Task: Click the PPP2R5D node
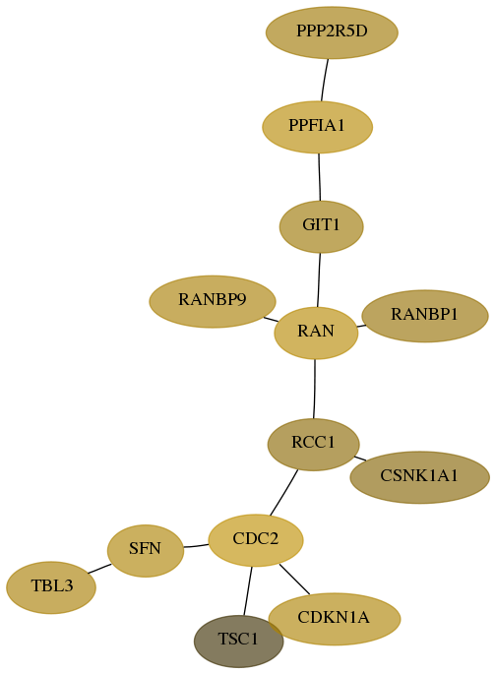(332, 32)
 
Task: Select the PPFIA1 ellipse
(318, 127)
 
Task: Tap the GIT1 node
(321, 226)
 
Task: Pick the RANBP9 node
(213, 301)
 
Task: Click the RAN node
(316, 333)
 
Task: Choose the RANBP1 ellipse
(425, 316)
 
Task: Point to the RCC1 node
(313, 444)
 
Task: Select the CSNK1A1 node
(420, 477)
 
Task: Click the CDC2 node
(256, 540)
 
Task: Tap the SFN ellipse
(146, 550)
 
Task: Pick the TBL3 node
(51, 587)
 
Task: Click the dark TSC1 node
(238, 641)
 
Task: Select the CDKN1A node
(335, 619)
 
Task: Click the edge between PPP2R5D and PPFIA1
(325, 80)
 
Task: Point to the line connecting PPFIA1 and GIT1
(319, 177)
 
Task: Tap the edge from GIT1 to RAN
(319, 279)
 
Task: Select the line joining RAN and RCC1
(315, 389)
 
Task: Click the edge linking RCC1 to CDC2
(283, 492)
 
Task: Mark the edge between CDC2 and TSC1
(248, 591)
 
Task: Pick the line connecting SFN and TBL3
(99, 569)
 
